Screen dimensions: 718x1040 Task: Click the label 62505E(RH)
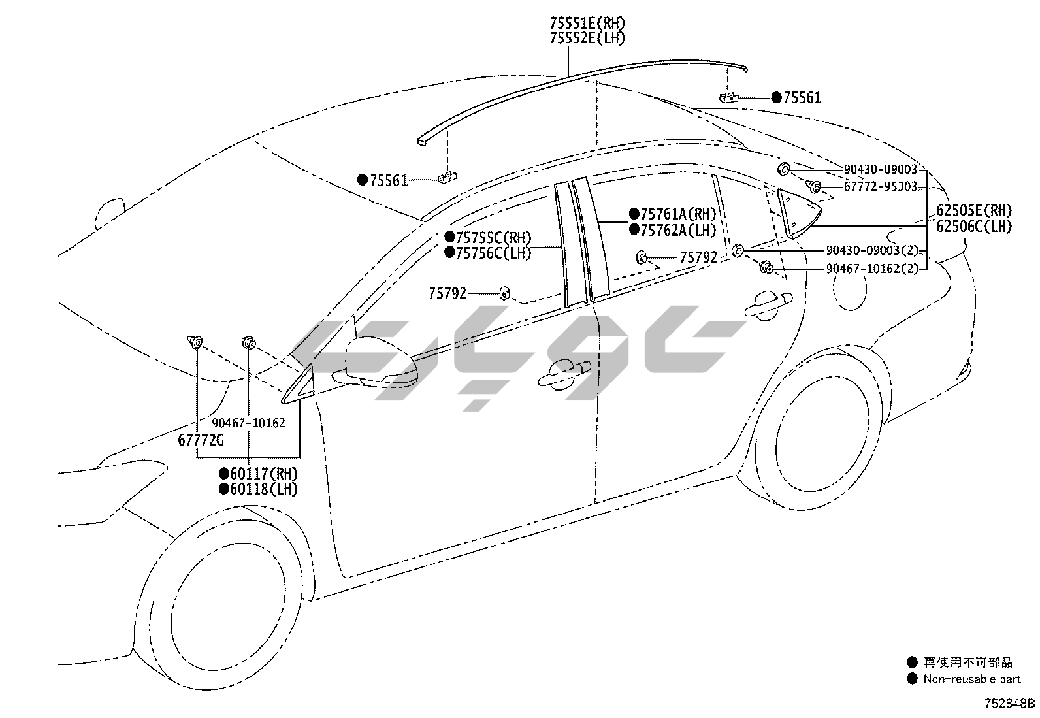[973, 210]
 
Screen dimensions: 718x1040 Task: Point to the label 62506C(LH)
[973, 227]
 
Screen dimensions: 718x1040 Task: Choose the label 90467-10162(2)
[871, 268]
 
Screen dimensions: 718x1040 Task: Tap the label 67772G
[201, 440]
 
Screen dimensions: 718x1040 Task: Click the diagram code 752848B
[1010, 704]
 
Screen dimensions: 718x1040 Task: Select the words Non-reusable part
[971, 679]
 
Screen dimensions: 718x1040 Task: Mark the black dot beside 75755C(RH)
[449, 237]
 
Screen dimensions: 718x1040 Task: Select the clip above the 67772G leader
[195, 340]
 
